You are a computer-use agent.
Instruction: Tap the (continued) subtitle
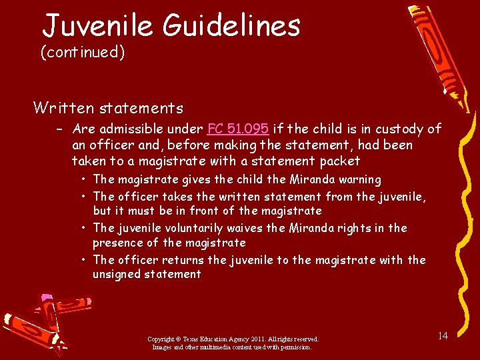(x=83, y=52)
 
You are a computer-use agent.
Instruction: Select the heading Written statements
(x=109, y=107)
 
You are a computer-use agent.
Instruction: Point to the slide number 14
(x=442, y=335)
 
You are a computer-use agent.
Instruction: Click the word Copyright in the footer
(x=162, y=339)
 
